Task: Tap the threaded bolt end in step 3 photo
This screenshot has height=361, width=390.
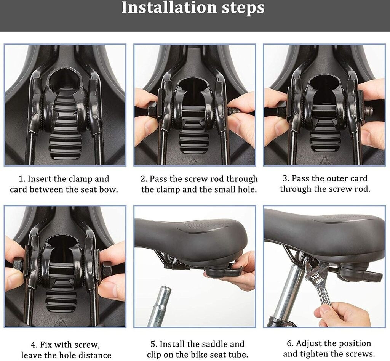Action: (369, 109)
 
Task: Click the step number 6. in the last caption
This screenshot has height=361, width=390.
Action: (290, 343)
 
